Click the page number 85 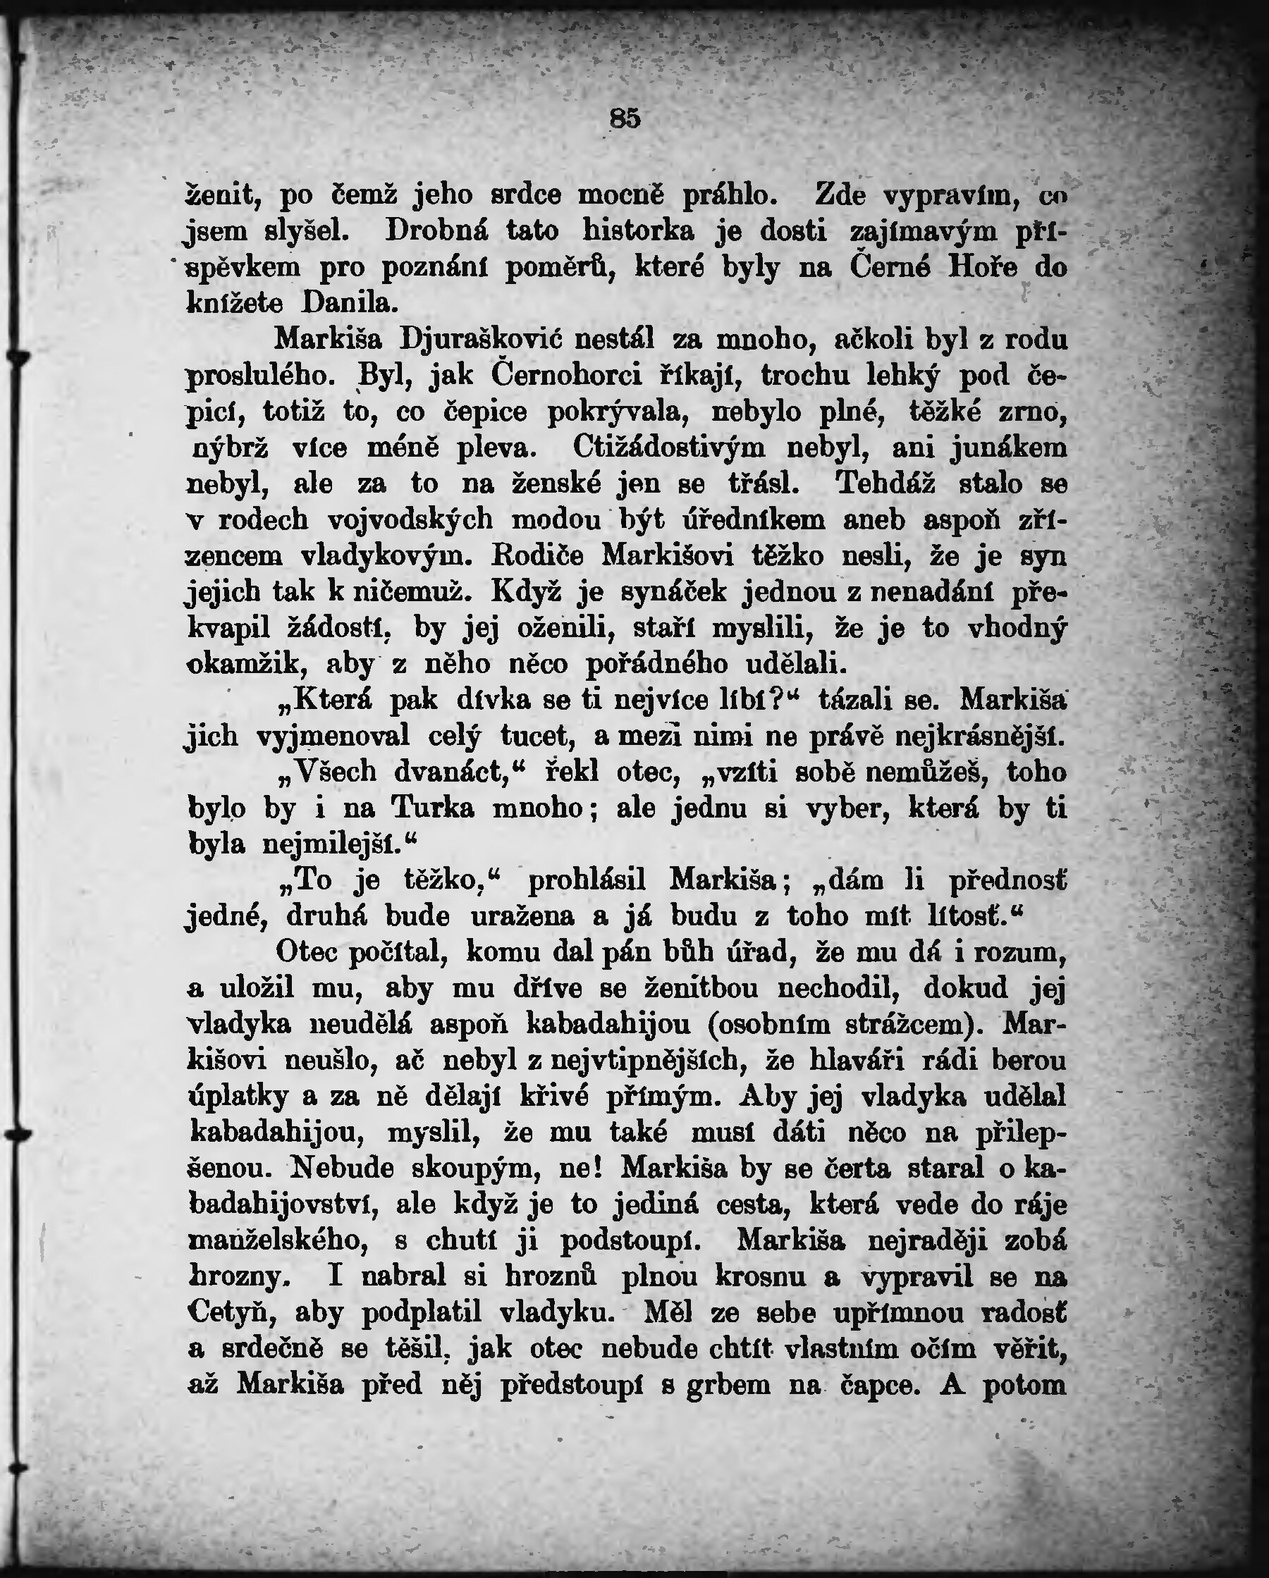coord(625,118)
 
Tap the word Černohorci coord(566,376)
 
